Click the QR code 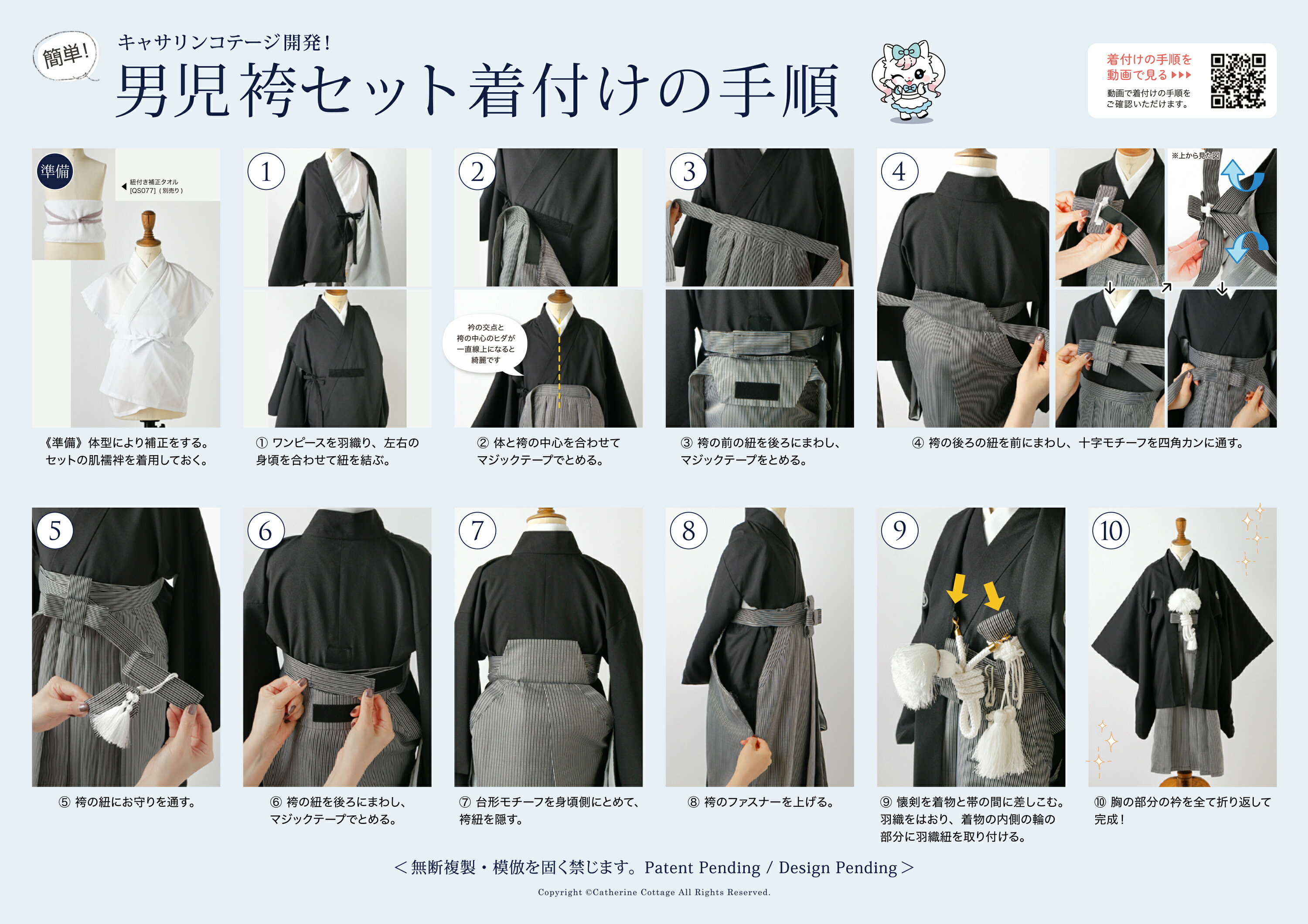coord(1238,81)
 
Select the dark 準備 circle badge coord(54,171)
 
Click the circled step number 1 coord(266,171)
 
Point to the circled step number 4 coord(899,171)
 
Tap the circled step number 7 coord(477,531)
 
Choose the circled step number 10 coord(1111,531)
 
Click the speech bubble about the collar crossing coord(485,344)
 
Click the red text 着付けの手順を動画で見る coord(1149,67)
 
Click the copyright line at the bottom coord(654,892)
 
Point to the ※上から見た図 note coord(1195,156)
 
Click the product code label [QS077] coord(143,191)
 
